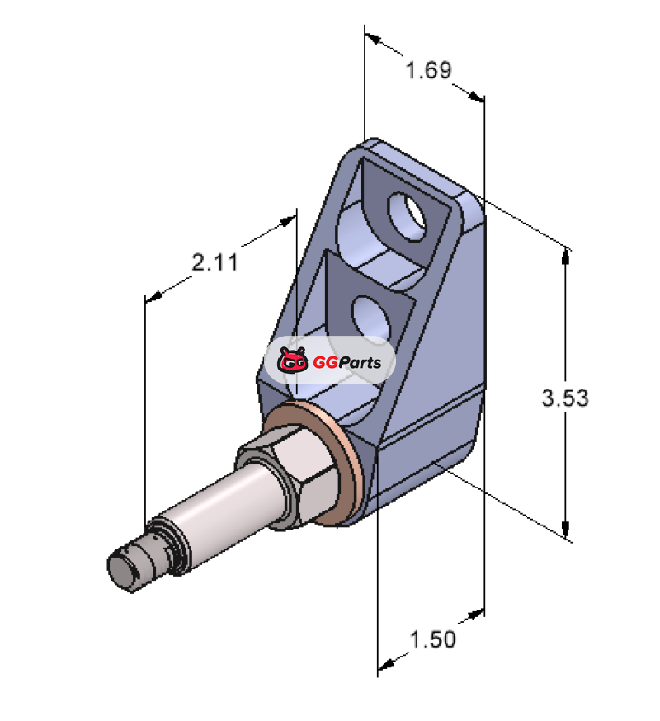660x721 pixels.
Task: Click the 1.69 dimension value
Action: point(429,70)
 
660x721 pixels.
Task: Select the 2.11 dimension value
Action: point(214,262)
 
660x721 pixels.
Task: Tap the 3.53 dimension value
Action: point(565,398)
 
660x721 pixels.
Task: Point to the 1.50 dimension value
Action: point(433,639)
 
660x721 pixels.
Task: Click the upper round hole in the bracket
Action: point(408,215)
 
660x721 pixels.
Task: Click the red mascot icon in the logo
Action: point(293,360)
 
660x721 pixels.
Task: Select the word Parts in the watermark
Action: point(361,362)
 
